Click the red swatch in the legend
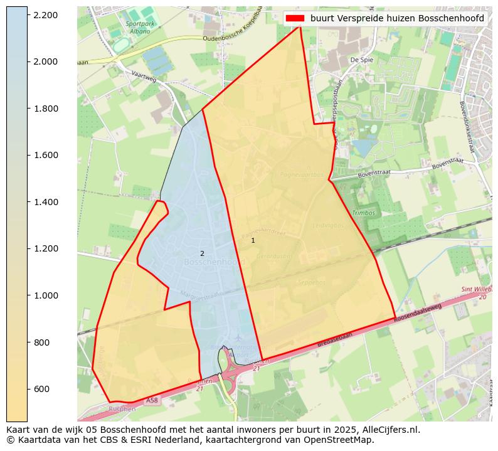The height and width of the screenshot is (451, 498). (295, 18)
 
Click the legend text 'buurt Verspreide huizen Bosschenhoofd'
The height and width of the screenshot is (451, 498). (397, 18)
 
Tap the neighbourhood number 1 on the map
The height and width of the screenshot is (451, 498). (253, 240)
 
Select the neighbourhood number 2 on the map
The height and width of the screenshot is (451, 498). (202, 253)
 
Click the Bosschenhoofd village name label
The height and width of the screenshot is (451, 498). (215, 262)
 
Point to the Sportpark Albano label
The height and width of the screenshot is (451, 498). (138, 27)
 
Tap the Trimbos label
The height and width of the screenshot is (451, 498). (364, 213)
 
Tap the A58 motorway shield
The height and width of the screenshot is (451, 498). (152, 400)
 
